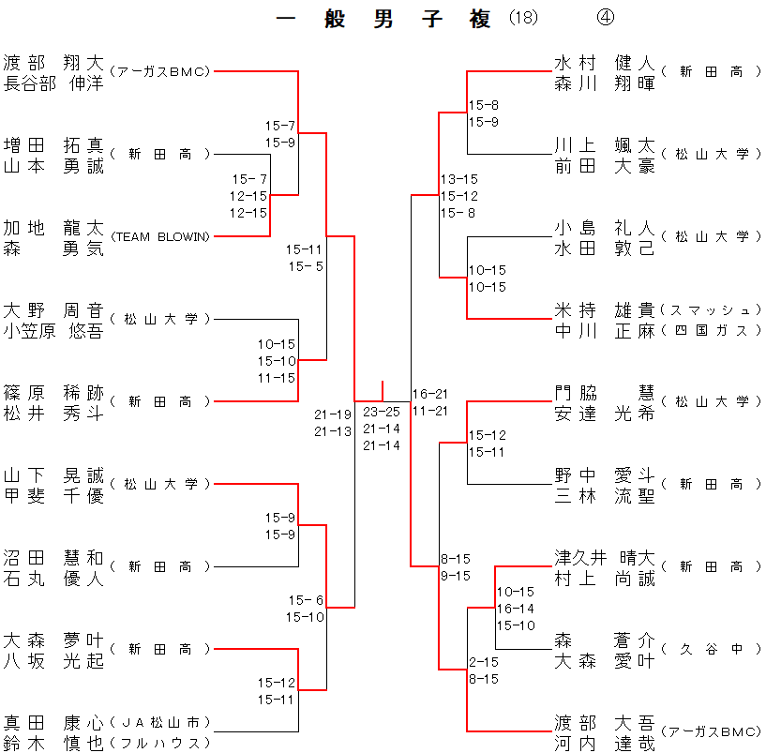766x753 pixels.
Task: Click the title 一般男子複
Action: pos(384,20)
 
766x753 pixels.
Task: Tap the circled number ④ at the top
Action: pos(605,19)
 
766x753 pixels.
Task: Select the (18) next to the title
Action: pos(524,19)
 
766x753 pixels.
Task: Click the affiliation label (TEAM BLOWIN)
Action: pos(160,236)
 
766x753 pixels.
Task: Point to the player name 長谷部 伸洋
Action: pos(53,83)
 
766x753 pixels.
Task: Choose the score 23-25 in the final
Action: pos(382,411)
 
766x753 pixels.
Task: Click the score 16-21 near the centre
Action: pos(429,394)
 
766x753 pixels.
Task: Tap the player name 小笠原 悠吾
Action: pos(53,330)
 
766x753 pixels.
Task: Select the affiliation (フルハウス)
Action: pos(160,743)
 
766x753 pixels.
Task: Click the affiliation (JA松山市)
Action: pos(160,722)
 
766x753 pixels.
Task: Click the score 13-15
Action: pos(459,179)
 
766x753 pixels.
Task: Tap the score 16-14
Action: pos(516,609)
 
